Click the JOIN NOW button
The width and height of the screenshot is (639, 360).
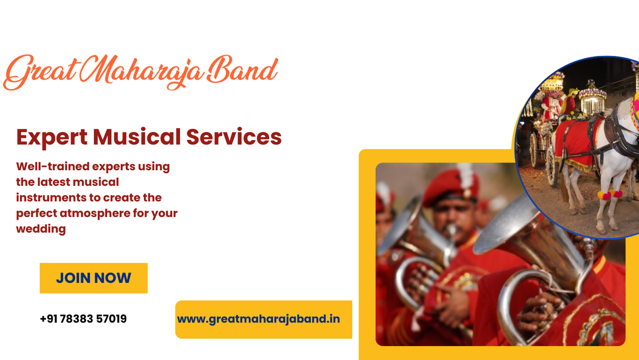[93, 278]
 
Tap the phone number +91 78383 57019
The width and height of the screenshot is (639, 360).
[83, 319]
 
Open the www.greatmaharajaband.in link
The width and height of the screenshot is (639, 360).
[258, 319]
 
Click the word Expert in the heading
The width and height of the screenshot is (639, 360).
[52, 137]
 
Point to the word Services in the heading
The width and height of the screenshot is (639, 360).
[234, 137]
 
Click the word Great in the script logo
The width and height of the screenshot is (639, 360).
[40, 72]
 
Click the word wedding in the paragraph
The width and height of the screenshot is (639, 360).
[41, 229]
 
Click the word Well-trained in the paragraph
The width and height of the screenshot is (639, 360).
[53, 167]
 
